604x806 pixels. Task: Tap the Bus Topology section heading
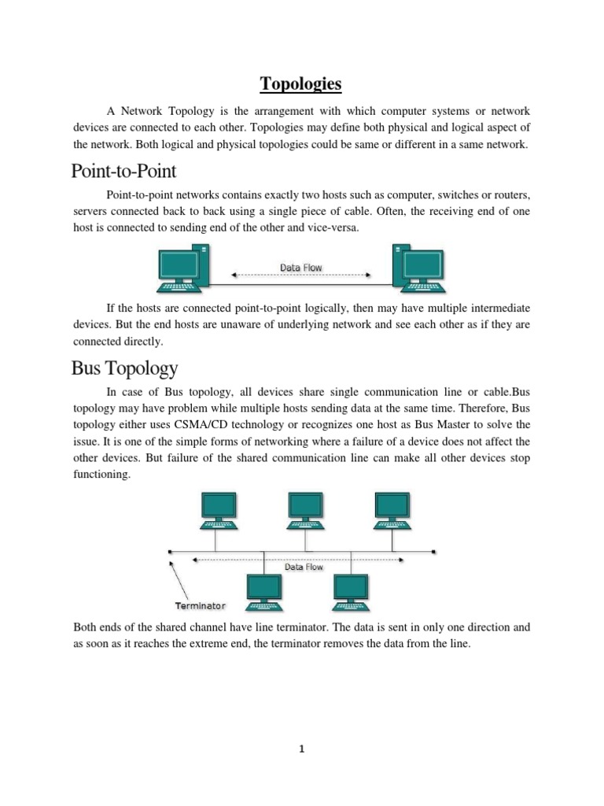coord(124,368)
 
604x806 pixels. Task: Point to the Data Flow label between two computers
coord(301,268)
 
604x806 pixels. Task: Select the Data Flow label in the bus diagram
coord(304,567)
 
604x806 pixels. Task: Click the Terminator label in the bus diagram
coord(199,605)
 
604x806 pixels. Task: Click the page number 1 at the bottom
coord(302,749)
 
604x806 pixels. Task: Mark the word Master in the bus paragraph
coord(443,425)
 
